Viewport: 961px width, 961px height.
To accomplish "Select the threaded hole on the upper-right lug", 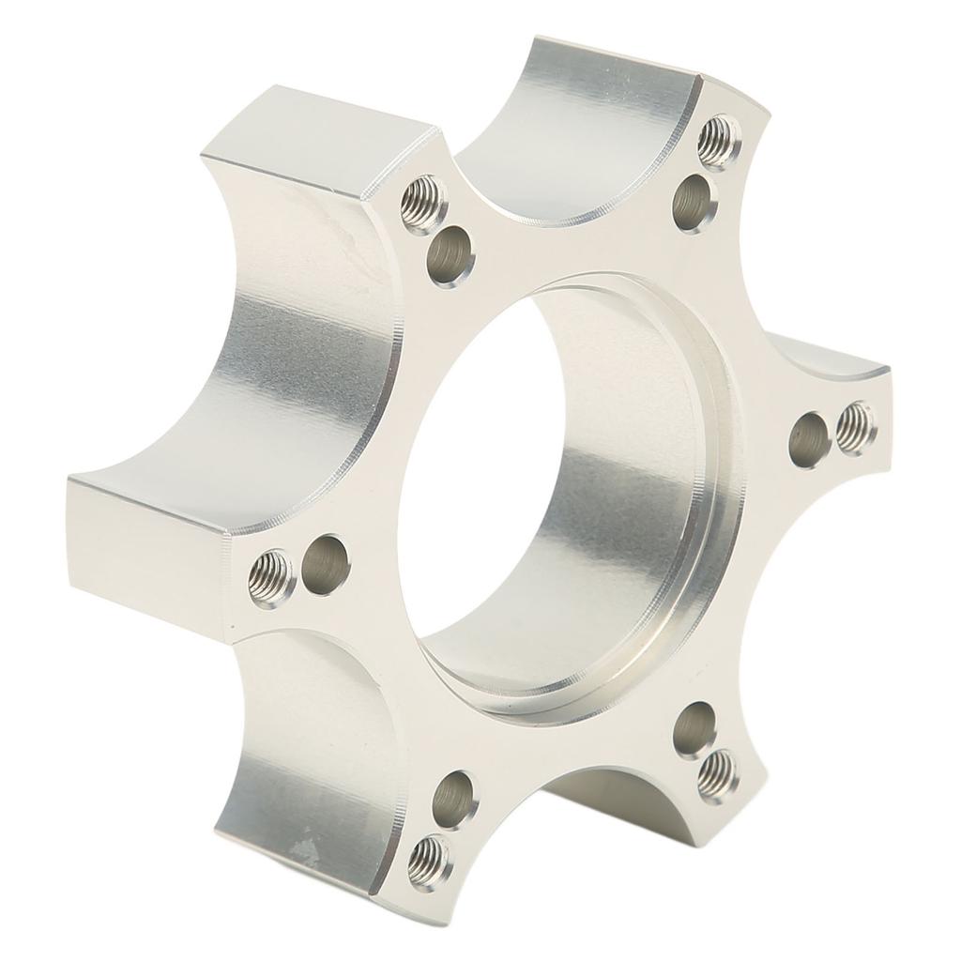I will tap(720, 141).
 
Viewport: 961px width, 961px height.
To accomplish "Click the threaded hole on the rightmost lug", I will tap(854, 427).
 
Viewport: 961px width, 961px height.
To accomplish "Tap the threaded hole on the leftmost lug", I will tap(271, 578).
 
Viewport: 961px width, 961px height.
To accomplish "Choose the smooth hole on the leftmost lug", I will tap(326, 564).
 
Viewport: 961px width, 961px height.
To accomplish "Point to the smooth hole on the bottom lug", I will tap(455, 798).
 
